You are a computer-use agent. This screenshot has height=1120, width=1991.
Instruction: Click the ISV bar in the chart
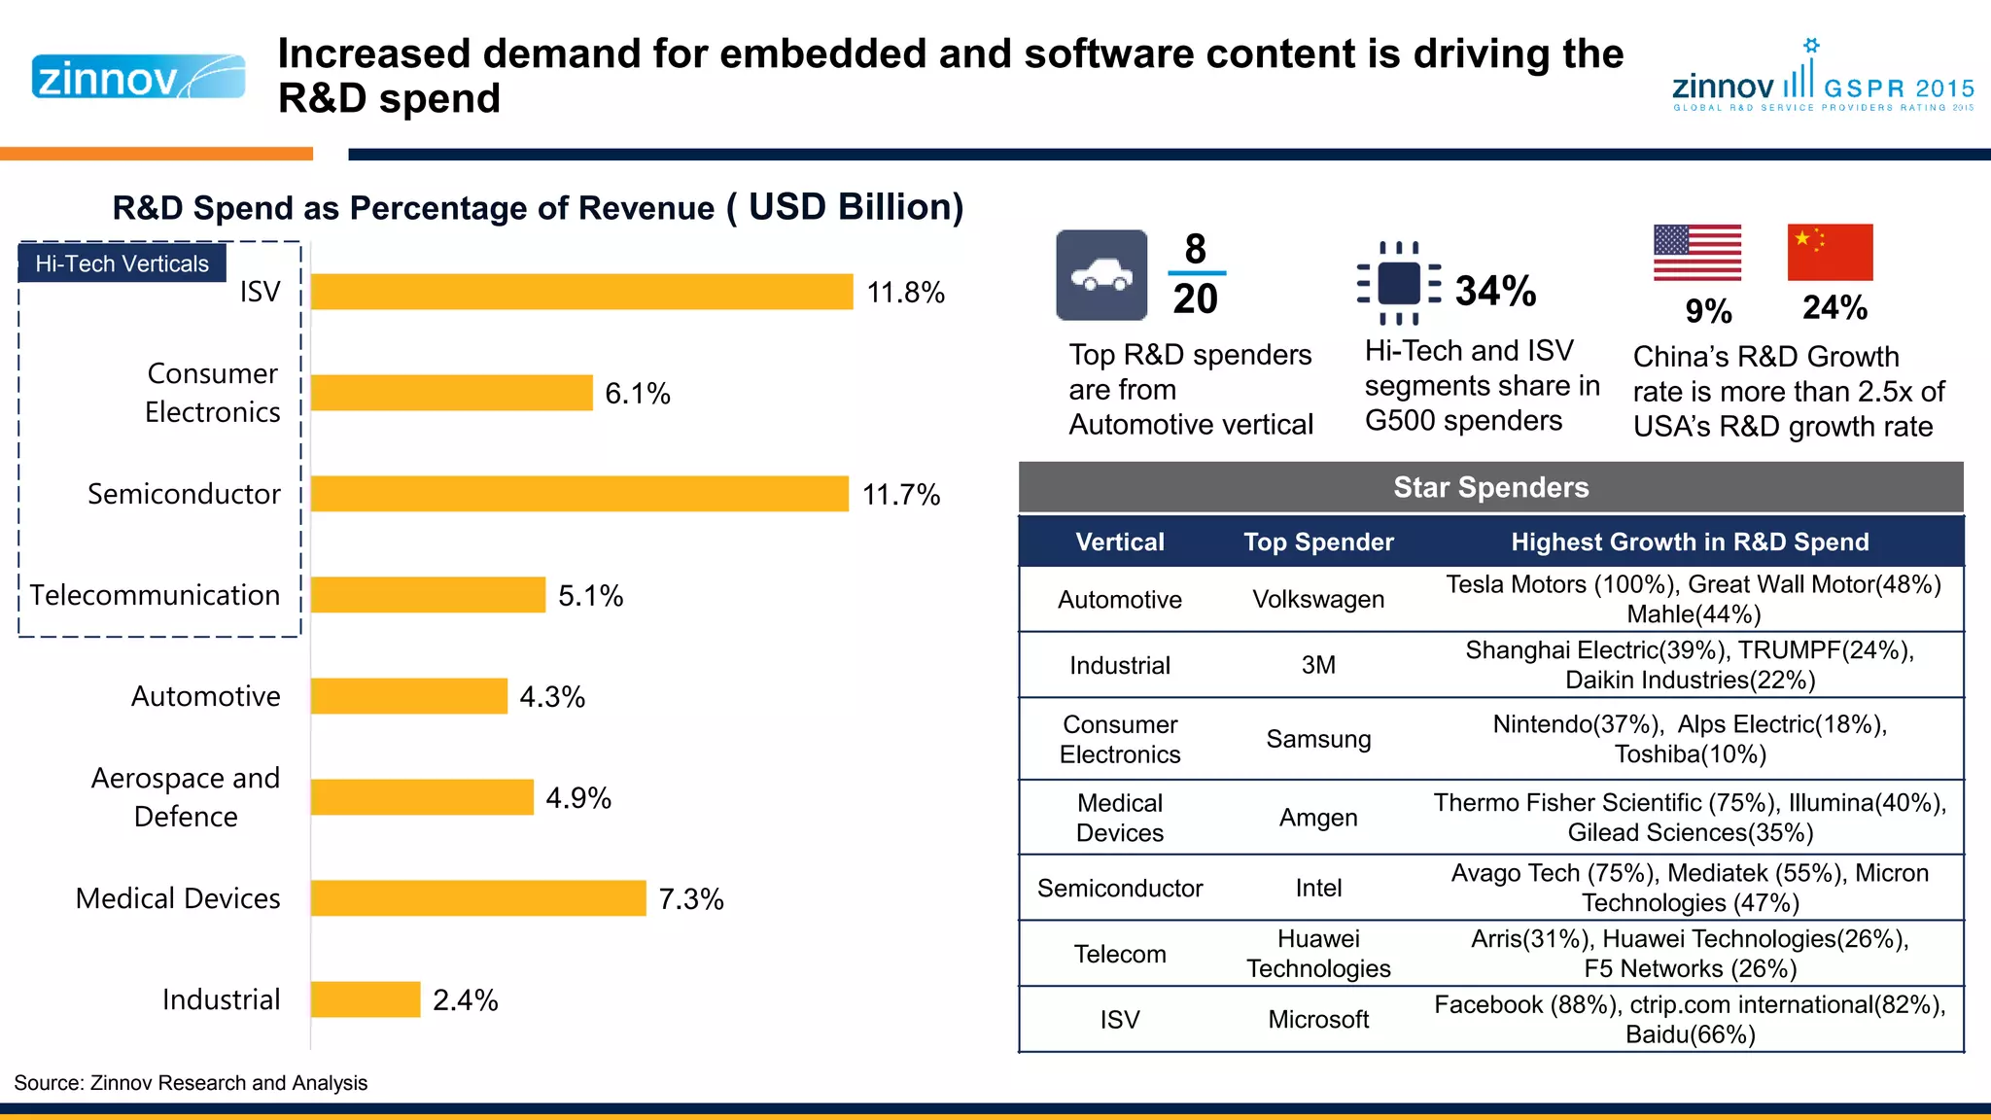(x=581, y=292)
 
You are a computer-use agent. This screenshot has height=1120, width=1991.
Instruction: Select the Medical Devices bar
(x=478, y=898)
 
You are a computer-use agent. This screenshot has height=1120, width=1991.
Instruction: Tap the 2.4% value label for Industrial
(x=465, y=999)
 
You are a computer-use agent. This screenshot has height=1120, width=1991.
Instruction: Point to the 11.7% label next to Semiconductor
(x=901, y=494)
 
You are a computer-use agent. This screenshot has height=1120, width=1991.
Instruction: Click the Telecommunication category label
(x=155, y=595)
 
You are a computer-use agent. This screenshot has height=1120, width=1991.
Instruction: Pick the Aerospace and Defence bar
(x=422, y=797)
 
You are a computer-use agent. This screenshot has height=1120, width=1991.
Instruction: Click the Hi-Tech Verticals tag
(x=122, y=263)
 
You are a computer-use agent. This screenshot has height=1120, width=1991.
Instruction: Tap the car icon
(x=1101, y=275)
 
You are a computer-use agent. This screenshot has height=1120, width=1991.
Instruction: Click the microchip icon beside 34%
(x=1399, y=284)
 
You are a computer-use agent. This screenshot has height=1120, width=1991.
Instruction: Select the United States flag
(x=1697, y=253)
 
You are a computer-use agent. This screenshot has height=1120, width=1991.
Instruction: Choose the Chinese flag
(x=1830, y=253)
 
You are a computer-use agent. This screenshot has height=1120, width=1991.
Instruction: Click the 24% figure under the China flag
(x=1834, y=308)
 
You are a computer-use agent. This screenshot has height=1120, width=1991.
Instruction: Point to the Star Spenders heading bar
(x=1490, y=487)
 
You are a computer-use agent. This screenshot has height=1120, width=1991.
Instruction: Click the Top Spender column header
(x=1318, y=542)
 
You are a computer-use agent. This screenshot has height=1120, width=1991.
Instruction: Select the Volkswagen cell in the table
(x=1318, y=599)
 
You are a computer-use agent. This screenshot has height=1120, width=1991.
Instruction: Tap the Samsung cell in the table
(x=1318, y=739)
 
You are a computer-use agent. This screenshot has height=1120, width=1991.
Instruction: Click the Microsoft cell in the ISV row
(x=1318, y=1019)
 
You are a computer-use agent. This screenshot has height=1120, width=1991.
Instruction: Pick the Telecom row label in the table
(x=1120, y=954)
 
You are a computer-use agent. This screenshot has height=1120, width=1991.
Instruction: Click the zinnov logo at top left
(x=138, y=77)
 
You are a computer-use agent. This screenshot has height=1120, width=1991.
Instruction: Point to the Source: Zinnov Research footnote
(x=191, y=1083)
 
